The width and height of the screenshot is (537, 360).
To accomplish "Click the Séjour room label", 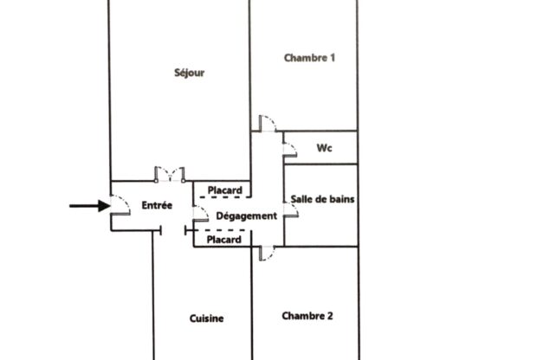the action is click(190, 73).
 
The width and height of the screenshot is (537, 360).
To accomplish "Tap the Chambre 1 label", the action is click(309, 58).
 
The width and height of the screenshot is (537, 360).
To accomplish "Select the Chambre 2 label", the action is click(307, 316).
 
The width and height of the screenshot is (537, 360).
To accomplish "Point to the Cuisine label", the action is click(206, 318).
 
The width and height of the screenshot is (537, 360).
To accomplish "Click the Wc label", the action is click(324, 148).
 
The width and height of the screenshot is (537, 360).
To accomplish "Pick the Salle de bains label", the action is click(322, 199).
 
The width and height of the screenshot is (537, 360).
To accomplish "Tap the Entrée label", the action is click(157, 205).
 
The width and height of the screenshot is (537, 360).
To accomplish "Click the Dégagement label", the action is click(247, 216).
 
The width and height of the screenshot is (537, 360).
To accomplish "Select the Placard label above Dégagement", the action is click(225, 190).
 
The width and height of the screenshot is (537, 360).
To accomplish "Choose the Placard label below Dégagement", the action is click(224, 240).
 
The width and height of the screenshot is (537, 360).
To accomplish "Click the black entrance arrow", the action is click(90, 206).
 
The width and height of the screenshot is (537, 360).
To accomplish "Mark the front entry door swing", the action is click(120, 205).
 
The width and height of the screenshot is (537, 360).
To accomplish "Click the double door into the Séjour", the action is click(170, 174).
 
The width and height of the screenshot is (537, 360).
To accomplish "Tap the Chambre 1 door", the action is click(268, 124).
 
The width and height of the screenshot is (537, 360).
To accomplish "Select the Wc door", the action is click(290, 150).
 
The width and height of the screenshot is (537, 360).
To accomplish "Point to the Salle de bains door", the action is click(291, 210).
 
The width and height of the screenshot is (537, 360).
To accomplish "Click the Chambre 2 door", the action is click(267, 254).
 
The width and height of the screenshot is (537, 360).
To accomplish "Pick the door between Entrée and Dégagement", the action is click(201, 214).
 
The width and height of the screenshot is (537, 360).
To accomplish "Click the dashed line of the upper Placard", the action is click(225, 197).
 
